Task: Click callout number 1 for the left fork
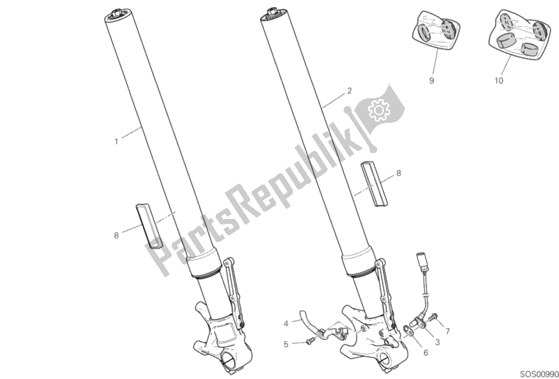point(116,142)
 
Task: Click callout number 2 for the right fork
point(350,91)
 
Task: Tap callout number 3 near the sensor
point(437,342)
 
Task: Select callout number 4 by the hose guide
point(286,324)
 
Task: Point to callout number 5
point(286,345)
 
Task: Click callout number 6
point(425,353)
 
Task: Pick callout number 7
point(448,331)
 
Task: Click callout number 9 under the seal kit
point(432,81)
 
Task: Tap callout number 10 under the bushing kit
point(499,81)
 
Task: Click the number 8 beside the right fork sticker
point(399,173)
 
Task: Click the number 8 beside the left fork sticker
point(116,236)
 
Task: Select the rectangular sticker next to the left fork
point(149,226)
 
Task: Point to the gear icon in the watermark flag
point(380,109)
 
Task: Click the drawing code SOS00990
point(540,374)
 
